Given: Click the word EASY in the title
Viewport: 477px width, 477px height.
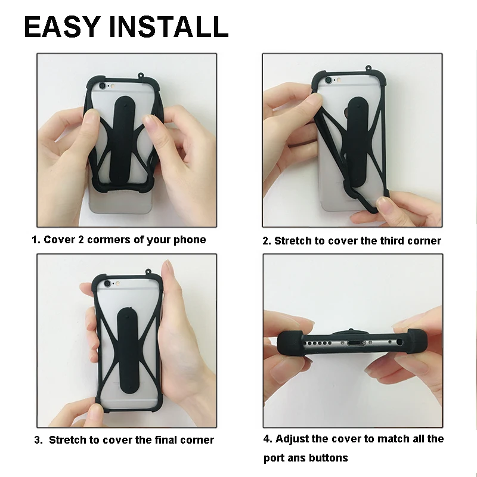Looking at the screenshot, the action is (63, 27).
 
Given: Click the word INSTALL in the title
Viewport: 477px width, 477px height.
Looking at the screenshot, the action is (169, 27).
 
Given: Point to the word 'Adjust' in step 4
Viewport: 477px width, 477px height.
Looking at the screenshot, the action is (292, 439).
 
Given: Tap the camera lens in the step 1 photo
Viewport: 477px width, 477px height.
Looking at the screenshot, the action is (102, 85).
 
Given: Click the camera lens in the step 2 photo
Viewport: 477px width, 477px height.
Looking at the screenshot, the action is (329, 80).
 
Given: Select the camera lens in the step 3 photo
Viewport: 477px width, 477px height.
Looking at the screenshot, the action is (107, 284).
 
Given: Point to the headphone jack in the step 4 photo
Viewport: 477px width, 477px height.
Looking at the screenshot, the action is (399, 342).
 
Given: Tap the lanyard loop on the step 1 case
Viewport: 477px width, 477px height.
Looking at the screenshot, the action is (141, 75).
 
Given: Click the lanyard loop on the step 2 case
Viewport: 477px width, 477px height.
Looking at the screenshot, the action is (368, 67).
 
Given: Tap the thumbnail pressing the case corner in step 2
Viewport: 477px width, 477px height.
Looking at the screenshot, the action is (382, 202).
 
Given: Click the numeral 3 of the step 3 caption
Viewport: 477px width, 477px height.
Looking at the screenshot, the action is (38, 440).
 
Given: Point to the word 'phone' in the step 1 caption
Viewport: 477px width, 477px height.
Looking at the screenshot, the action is (190, 240).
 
